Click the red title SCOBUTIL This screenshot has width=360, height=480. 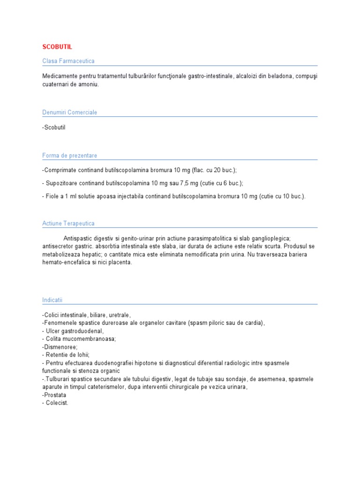click(x=57, y=47)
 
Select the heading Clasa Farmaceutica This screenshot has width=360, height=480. click(x=68, y=61)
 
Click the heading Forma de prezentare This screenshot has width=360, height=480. click(x=69, y=155)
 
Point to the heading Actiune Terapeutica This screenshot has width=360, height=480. click(x=68, y=224)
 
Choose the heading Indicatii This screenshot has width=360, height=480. click(x=52, y=299)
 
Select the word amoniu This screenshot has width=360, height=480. click(x=89, y=84)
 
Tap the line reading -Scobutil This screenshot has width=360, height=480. click(x=54, y=127)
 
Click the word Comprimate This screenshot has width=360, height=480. click(x=60, y=170)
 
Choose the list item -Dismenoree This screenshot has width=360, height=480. click(x=60, y=347)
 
